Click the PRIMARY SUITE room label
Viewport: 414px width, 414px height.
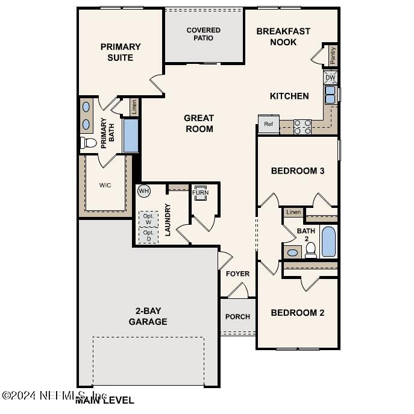(x=121, y=52)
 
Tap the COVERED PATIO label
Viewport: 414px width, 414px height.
(x=203, y=34)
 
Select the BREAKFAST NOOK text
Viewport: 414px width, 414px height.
(x=283, y=37)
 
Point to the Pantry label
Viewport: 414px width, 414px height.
(x=333, y=55)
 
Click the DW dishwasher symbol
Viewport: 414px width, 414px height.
(x=330, y=78)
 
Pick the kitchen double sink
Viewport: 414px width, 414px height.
(x=331, y=95)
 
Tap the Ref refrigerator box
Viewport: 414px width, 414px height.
(x=268, y=124)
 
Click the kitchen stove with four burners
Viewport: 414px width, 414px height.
(x=303, y=127)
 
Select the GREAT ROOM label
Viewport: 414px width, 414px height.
(x=199, y=123)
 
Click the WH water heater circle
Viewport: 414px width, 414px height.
(x=143, y=191)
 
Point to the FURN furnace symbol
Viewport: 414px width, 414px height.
(x=200, y=193)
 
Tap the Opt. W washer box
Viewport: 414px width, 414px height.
(x=149, y=218)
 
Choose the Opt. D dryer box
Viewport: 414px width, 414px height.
(x=149, y=236)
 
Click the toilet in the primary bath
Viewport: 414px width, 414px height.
(x=88, y=143)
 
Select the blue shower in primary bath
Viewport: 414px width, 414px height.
(x=131, y=135)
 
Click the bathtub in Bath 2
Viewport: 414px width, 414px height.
(x=329, y=242)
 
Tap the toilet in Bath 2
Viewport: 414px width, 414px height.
(x=311, y=251)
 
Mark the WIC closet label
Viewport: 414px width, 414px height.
(x=105, y=185)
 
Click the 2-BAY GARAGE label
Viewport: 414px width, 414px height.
(x=148, y=316)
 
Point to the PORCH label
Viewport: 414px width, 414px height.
(x=237, y=316)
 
